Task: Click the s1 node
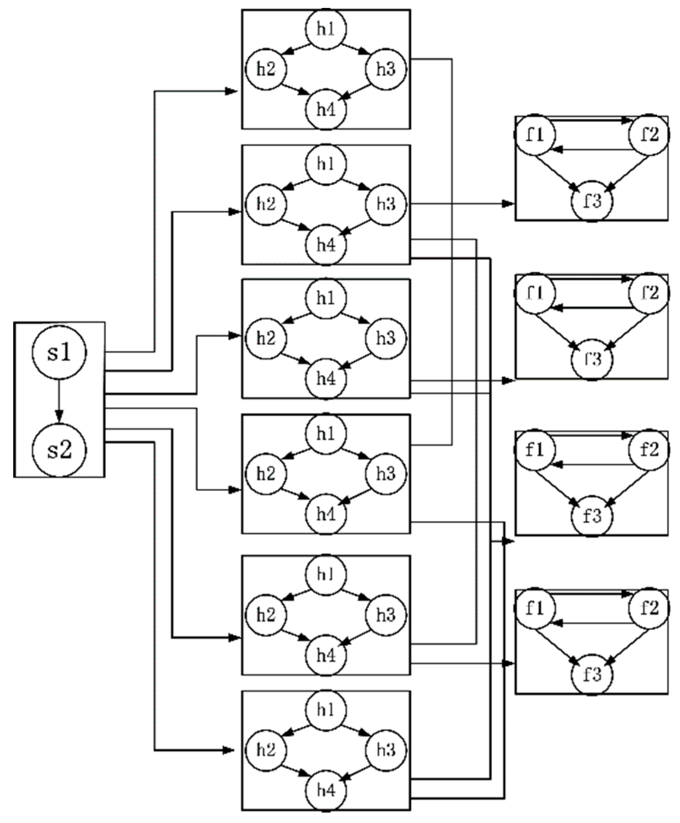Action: point(59,352)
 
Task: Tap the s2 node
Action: point(59,449)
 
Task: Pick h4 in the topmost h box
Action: point(326,110)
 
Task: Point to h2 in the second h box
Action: point(266,204)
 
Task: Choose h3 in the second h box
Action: point(386,204)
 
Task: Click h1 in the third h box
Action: point(326,298)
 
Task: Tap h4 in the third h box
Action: point(326,379)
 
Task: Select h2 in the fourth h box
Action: point(266,473)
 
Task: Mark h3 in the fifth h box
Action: point(386,615)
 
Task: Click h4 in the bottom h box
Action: point(326,790)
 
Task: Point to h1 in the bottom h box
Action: point(326,710)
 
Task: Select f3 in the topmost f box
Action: point(592,201)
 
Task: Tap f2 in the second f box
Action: point(649,293)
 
